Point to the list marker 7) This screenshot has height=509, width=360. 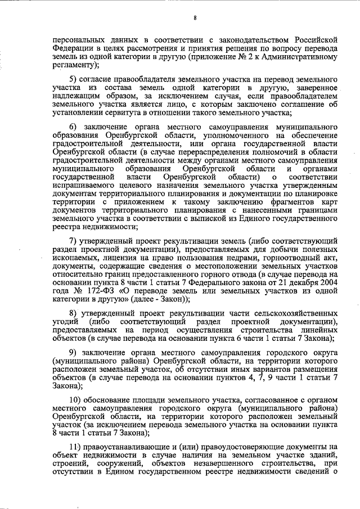click(73, 241)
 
